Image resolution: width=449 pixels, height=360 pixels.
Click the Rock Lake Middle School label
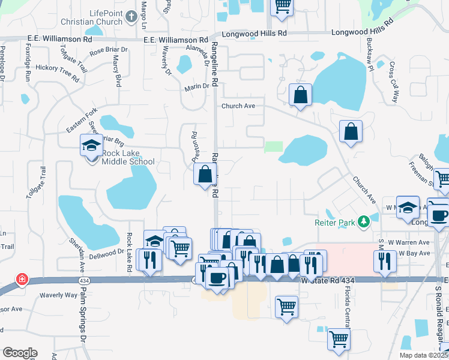128,157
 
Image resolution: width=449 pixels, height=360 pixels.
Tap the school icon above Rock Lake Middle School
92,146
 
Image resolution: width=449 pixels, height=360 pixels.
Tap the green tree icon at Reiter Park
363,222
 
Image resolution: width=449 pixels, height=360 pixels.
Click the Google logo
20,353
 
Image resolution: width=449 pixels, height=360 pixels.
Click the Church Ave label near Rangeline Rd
238,106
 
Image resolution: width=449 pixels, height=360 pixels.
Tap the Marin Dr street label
197,87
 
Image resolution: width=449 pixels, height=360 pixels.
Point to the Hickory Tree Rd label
57,73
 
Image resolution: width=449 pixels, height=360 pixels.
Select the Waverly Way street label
59,295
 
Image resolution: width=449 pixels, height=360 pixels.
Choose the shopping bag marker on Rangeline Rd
205,175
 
